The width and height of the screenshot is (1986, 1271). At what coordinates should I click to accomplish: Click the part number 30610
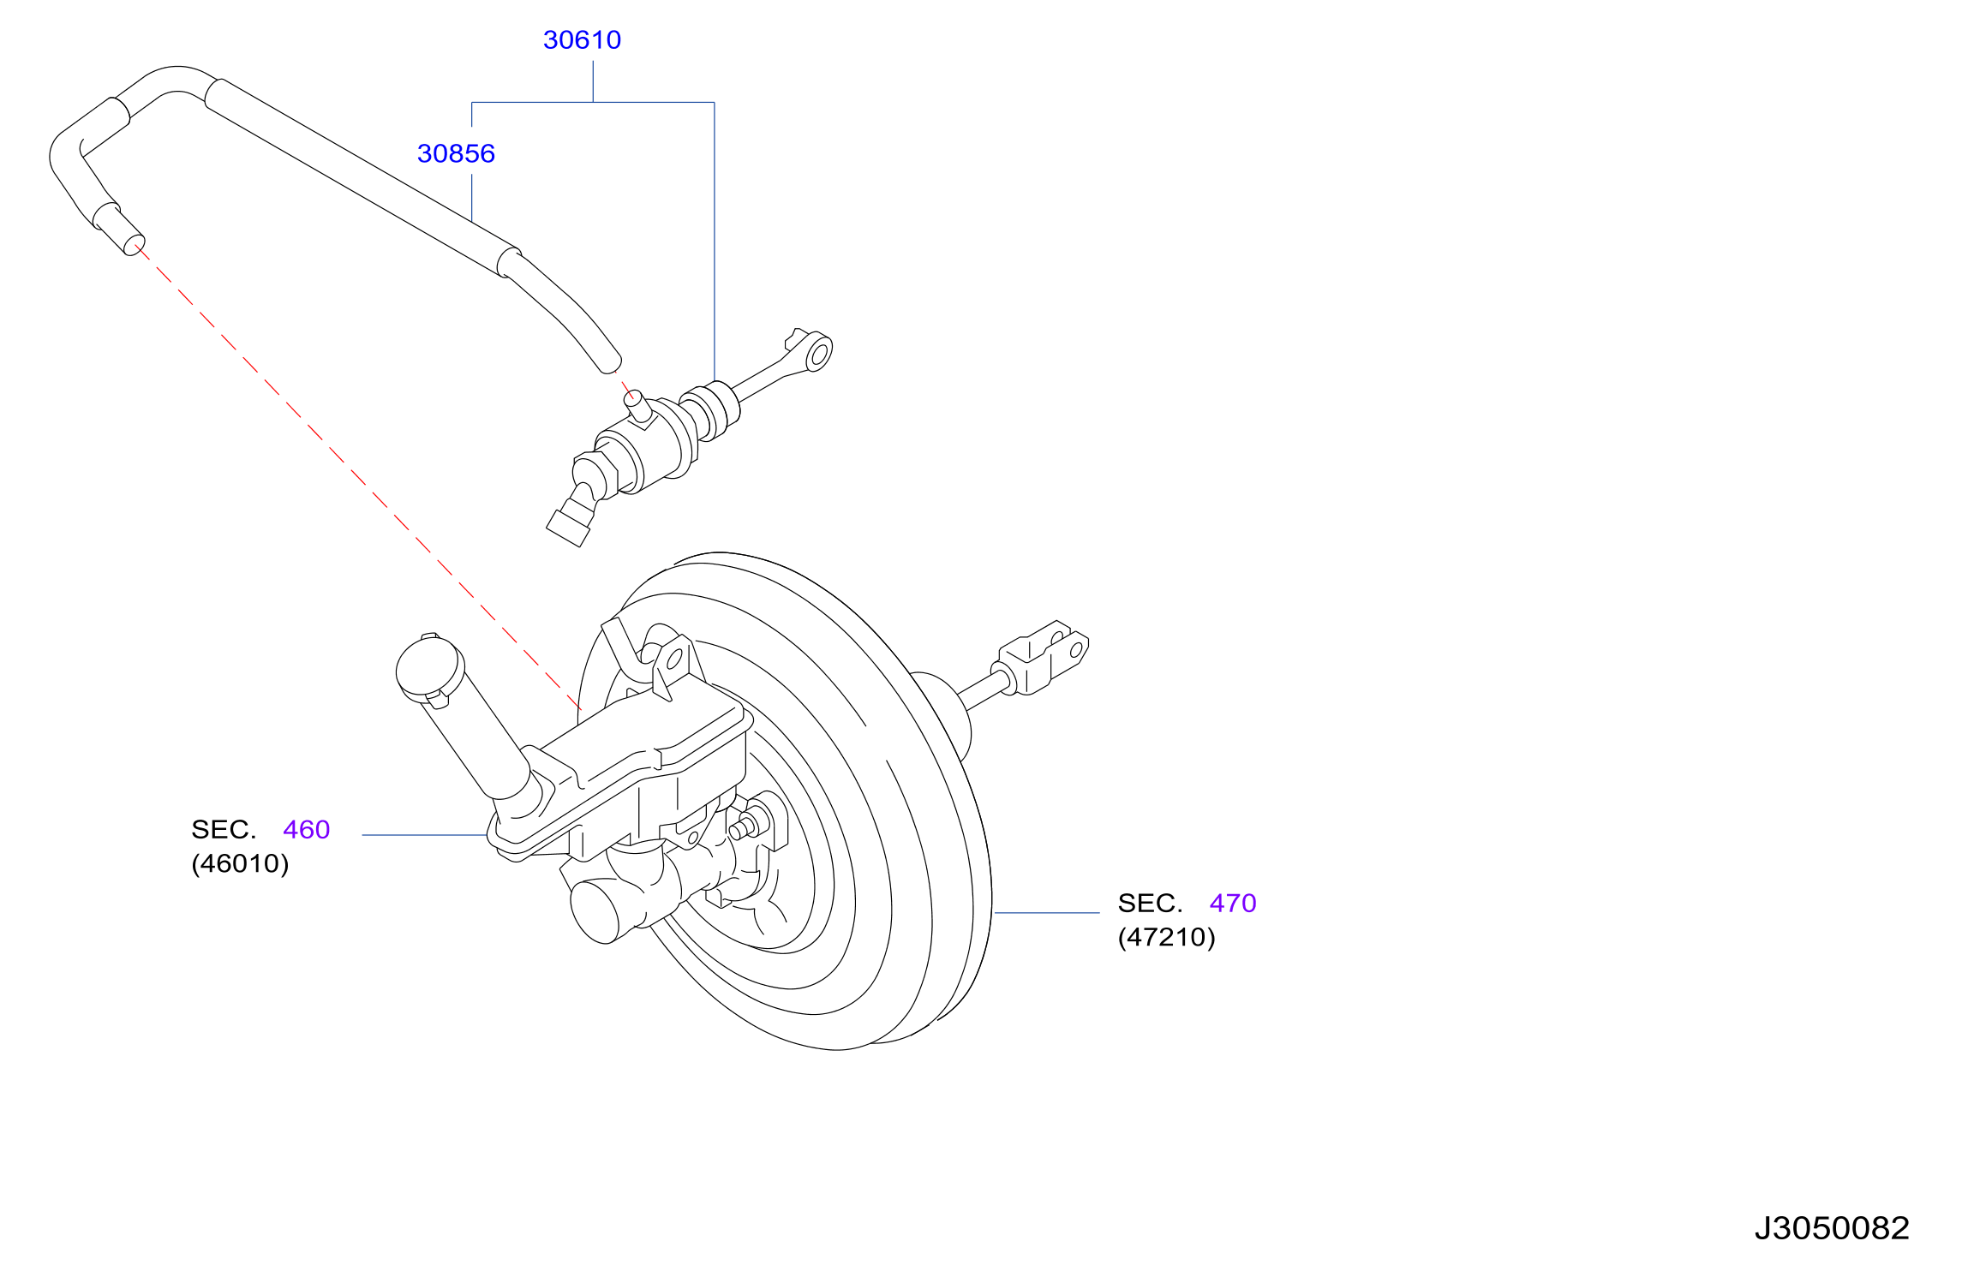(582, 40)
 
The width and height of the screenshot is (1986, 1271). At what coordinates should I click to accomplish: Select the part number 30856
(456, 154)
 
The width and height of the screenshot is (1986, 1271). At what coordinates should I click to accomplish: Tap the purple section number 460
(307, 830)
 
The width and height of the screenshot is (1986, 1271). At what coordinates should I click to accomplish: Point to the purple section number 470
(1233, 904)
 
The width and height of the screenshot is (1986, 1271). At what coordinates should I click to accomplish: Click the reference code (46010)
(240, 863)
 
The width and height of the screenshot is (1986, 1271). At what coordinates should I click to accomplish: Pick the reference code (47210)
(1166, 937)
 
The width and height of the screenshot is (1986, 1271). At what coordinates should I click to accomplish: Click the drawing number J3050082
(1832, 1229)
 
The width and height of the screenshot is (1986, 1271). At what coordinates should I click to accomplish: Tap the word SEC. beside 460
(224, 830)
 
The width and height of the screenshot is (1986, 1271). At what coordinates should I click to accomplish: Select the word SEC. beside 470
(1150, 904)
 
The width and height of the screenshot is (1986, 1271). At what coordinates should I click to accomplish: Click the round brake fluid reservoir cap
(429, 667)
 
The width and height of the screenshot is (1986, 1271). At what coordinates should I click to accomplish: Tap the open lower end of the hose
(135, 247)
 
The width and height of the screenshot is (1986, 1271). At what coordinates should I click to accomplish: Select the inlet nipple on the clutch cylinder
(637, 405)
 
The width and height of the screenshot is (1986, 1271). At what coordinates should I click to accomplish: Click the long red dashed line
(358, 479)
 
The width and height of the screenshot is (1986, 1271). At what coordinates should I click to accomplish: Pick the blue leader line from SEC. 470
(1047, 913)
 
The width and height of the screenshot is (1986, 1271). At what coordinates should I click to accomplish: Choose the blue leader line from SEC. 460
(425, 835)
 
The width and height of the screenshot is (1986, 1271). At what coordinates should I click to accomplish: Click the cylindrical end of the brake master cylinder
(595, 912)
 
